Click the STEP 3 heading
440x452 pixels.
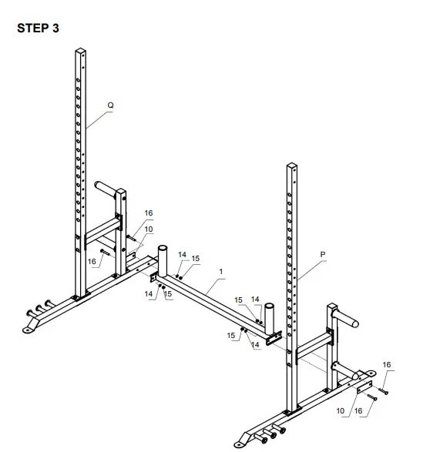[37, 28]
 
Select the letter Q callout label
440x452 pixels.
[111, 104]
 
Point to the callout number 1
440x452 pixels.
[220, 271]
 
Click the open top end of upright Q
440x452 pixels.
[79, 52]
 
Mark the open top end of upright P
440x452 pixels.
[292, 166]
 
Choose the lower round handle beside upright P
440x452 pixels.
[353, 377]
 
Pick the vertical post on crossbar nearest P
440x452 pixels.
[269, 313]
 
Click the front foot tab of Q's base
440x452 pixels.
[32, 330]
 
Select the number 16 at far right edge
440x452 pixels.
[387, 364]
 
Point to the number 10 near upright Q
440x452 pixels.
[149, 229]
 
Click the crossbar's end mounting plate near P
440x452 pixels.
[271, 337]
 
